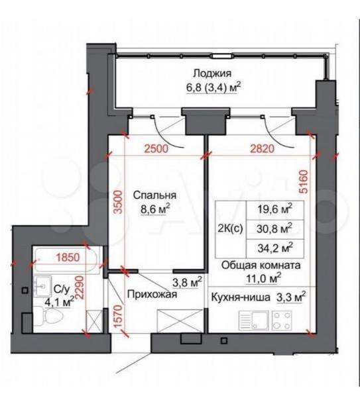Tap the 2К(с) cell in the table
pos(230,229)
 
